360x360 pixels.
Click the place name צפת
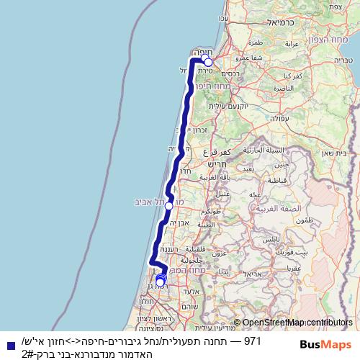click(x=335, y=6)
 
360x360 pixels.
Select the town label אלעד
click(x=190, y=291)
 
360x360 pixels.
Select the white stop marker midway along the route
click(x=168, y=206)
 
